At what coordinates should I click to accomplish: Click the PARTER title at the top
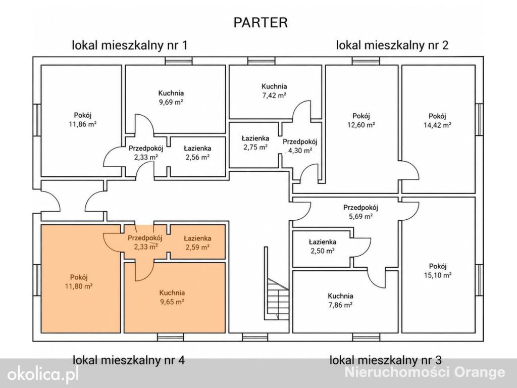(x=261, y=22)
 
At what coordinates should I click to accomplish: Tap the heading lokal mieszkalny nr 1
(x=130, y=45)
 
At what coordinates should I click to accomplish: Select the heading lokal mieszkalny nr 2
(x=392, y=45)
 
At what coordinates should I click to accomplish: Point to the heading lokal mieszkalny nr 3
(x=385, y=360)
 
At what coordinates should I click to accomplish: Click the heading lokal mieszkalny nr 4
(x=129, y=360)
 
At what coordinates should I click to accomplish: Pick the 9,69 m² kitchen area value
(x=171, y=102)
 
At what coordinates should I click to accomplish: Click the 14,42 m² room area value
(x=437, y=125)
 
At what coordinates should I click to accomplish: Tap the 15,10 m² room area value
(x=438, y=275)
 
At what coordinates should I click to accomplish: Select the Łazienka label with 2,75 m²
(x=255, y=138)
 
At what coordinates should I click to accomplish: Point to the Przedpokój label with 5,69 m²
(x=360, y=208)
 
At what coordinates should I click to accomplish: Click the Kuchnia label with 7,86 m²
(x=340, y=296)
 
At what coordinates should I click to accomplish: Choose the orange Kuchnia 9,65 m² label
(x=172, y=293)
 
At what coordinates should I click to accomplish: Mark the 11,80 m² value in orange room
(x=78, y=286)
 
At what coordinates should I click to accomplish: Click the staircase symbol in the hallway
(x=277, y=299)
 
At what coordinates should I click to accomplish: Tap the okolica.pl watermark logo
(x=43, y=374)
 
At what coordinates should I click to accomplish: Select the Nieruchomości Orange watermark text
(x=425, y=372)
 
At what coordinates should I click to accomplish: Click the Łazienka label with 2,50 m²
(x=323, y=242)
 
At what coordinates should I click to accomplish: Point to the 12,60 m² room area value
(x=361, y=125)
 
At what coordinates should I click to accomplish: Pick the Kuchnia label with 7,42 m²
(x=274, y=86)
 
